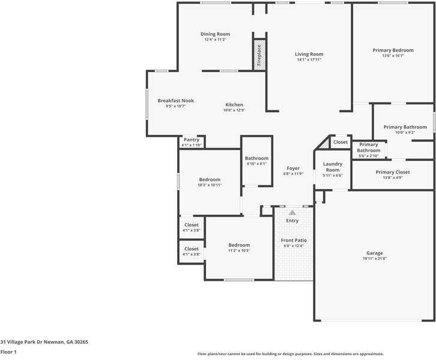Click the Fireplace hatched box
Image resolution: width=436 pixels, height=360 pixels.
click(259, 55)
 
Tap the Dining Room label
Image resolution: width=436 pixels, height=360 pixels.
click(215, 34)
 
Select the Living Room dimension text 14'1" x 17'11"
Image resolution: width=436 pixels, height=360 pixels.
click(309, 60)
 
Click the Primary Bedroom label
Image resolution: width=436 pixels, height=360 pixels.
click(393, 50)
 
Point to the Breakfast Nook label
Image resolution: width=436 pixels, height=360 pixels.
click(175, 101)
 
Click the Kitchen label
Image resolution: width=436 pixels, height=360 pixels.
click(234, 105)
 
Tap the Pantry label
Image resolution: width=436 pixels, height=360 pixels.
click(192, 140)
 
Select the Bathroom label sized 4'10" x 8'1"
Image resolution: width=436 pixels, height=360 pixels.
click(256, 158)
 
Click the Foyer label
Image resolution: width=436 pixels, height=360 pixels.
click(293, 169)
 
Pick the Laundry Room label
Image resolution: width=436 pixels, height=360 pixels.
click(333, 167)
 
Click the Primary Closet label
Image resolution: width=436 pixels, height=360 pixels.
click(393, 172)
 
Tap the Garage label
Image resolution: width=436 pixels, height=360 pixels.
click(375, 253)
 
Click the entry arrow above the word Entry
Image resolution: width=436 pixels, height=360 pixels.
click(292, 212)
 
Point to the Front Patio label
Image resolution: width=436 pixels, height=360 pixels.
click(293, 241)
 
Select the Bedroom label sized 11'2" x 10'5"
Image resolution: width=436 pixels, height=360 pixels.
click(239, 245)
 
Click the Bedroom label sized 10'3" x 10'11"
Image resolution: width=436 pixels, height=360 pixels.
click(210, 179)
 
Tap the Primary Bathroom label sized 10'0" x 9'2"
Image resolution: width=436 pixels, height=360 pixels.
click(401, 127)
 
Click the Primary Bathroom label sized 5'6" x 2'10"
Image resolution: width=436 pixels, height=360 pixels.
click(369, 148)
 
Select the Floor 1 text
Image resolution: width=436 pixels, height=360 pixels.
click(8, 352)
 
